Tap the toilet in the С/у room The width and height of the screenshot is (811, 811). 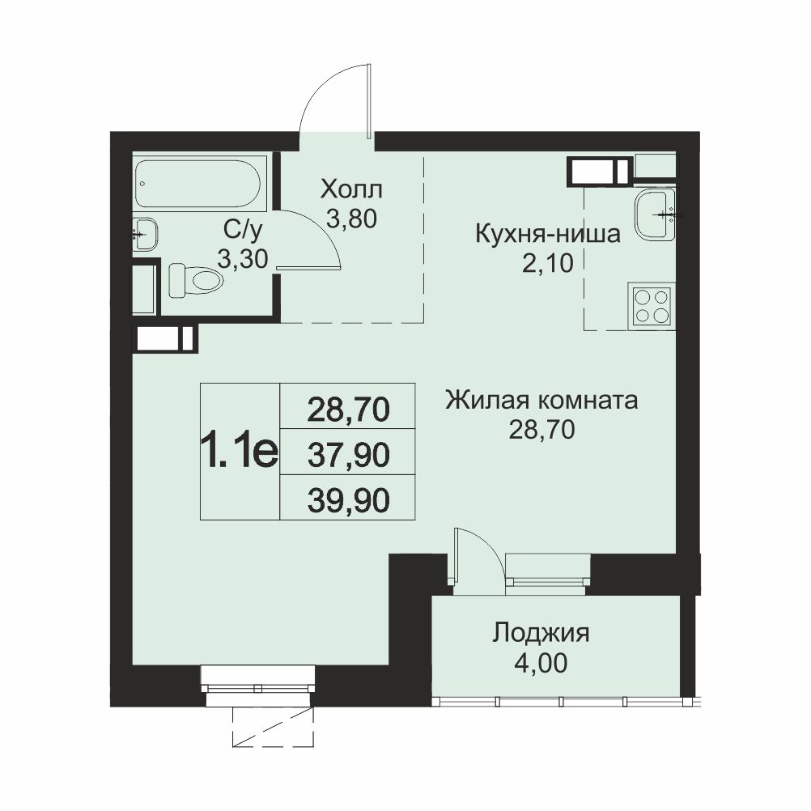pos(196,280)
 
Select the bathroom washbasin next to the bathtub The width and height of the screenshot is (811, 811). pos(145,234)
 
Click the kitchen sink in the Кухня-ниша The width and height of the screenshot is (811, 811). pos(655,214)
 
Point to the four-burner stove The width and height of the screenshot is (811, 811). pos(652,306)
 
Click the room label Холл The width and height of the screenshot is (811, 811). pos(351,189)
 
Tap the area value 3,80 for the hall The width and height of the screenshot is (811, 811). pos(351,219)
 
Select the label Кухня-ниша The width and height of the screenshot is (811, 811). pos(548,234)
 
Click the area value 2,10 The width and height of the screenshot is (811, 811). pos(548,264)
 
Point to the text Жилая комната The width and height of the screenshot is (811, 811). pos(541,401)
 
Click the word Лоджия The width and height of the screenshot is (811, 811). pos(541,633)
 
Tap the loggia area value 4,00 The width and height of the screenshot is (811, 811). pos(541,663)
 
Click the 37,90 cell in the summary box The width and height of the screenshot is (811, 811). pos(348,456)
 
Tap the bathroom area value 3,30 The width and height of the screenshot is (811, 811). pos(243,259)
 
